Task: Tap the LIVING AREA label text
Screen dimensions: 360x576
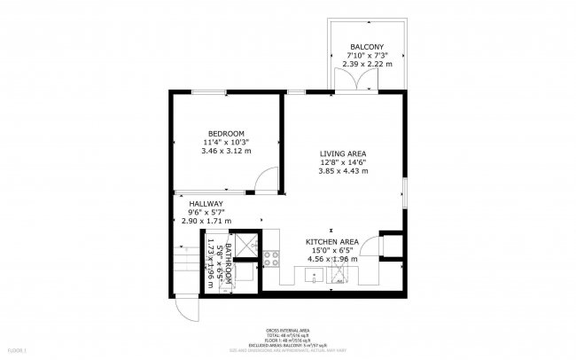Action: click(342, 153)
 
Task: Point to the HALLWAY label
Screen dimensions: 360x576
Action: click(193, 203)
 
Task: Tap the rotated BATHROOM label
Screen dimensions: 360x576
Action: click(228, 262)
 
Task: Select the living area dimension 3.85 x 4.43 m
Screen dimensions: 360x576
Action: click(342, 171)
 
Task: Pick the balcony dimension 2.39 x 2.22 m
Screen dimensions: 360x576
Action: click(366, 63)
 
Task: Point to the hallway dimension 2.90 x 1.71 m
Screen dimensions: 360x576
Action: click(206, 221)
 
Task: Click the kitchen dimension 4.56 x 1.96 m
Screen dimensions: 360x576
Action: click(332, 260)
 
